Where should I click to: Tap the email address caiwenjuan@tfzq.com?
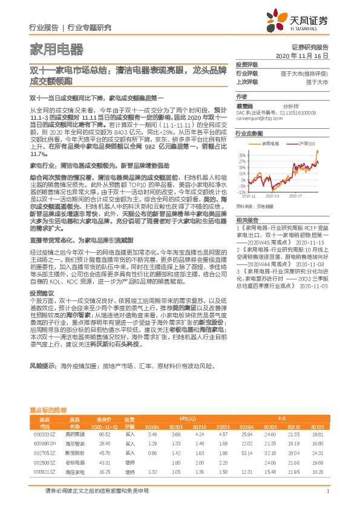[257, 119]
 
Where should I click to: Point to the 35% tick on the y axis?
[243, 154]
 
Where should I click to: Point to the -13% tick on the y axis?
[242, 191]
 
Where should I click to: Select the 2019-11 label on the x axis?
[249, 196]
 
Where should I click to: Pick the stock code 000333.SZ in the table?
[45, 435]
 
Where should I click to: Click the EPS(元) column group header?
[187, 418]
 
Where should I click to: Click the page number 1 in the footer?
[327, 491]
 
